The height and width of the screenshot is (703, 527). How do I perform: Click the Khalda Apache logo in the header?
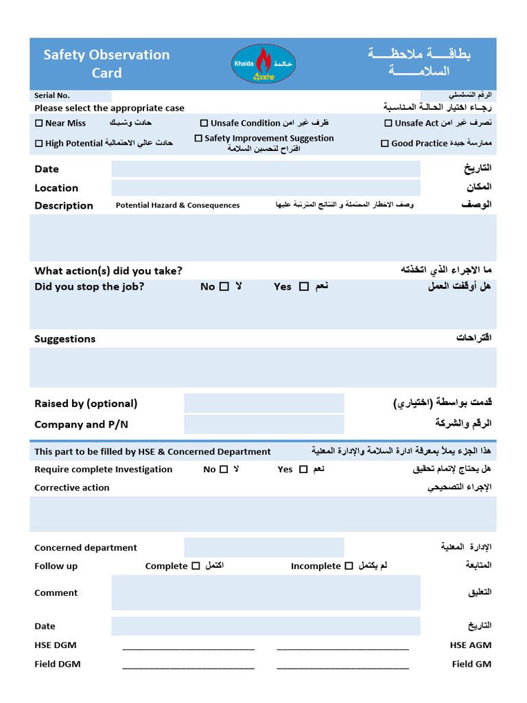[x=263, y=64]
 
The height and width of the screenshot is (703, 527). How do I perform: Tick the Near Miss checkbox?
[x=39, y=124]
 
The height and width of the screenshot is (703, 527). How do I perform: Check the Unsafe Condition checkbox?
[x=204, y=124]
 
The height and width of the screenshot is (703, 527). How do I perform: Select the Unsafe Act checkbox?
[x=389, y=124]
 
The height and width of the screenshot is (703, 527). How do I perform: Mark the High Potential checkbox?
[x=39, y=143]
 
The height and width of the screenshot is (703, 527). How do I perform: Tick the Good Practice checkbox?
[x=385, y=143]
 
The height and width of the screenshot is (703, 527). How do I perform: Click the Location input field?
[x=266, y=188]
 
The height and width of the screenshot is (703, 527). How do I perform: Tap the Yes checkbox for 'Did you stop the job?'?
[x=304, y=287]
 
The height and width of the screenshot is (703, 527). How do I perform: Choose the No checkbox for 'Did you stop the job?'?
[x=224, y=287]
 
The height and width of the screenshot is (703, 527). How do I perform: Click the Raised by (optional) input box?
[x=263, y=404]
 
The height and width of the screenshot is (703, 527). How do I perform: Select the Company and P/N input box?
[x=263, y=424]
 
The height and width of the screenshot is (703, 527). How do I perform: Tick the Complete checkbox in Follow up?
[x=196, y=566]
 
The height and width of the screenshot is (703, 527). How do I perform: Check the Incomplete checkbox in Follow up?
[x=349, y=566]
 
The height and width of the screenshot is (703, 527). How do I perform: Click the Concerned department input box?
[x=263, y=548]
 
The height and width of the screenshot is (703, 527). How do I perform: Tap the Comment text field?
[x=266, y=592]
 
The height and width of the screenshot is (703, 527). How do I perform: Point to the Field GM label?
[x=471, y=664]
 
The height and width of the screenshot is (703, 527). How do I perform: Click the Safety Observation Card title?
[x=106, y=64]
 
